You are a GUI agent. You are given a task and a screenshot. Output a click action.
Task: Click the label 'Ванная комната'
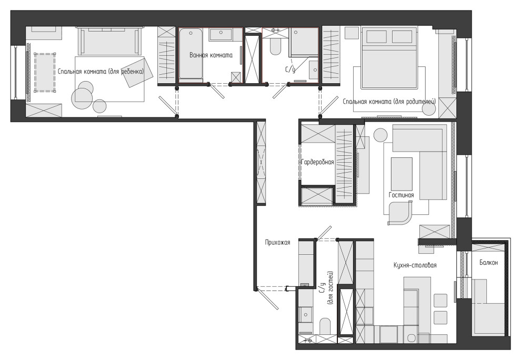(211, 55)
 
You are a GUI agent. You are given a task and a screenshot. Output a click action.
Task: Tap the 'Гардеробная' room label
(317, 162)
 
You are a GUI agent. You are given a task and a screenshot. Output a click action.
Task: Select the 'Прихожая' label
(277, 243)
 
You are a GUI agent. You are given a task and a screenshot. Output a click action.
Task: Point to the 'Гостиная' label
(402, 195)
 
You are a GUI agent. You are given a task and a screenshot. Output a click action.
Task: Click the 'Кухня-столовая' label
(415, 265)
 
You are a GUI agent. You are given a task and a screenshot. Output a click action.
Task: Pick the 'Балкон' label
(488, 263)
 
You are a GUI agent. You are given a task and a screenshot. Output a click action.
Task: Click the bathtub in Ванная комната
(191, 55)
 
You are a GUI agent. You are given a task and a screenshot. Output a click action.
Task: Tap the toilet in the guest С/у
(325, 326)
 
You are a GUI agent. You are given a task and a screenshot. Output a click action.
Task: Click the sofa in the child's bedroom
(108, 41)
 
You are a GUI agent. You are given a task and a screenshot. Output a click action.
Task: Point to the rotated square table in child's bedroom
(137, 73)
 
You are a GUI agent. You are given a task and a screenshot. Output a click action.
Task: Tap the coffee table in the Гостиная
(402, 174)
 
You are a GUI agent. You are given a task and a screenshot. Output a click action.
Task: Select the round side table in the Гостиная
(380, 135)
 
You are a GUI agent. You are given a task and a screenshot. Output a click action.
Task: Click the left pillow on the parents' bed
(376, 36)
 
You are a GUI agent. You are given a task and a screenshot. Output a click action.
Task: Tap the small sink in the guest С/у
(305, 314)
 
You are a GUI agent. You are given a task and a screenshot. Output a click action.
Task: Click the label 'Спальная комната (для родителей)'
(389, 102)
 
